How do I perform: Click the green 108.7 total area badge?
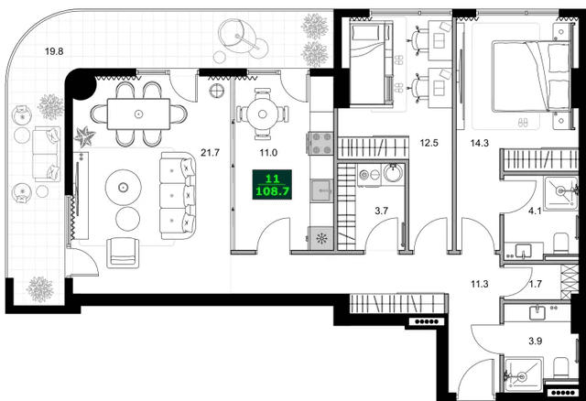click(x=272, y=187)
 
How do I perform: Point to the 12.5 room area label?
click(x=430, y=143)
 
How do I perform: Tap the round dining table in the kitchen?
click(x=262, y=114)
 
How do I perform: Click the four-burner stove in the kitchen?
click(x=322, y=144)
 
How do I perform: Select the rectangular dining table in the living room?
click(x=138, y=114)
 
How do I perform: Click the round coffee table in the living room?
click(x=122, y=189)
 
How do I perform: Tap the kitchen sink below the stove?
click(x=321, y=190)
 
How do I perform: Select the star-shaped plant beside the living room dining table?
click(x=87, y=137)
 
